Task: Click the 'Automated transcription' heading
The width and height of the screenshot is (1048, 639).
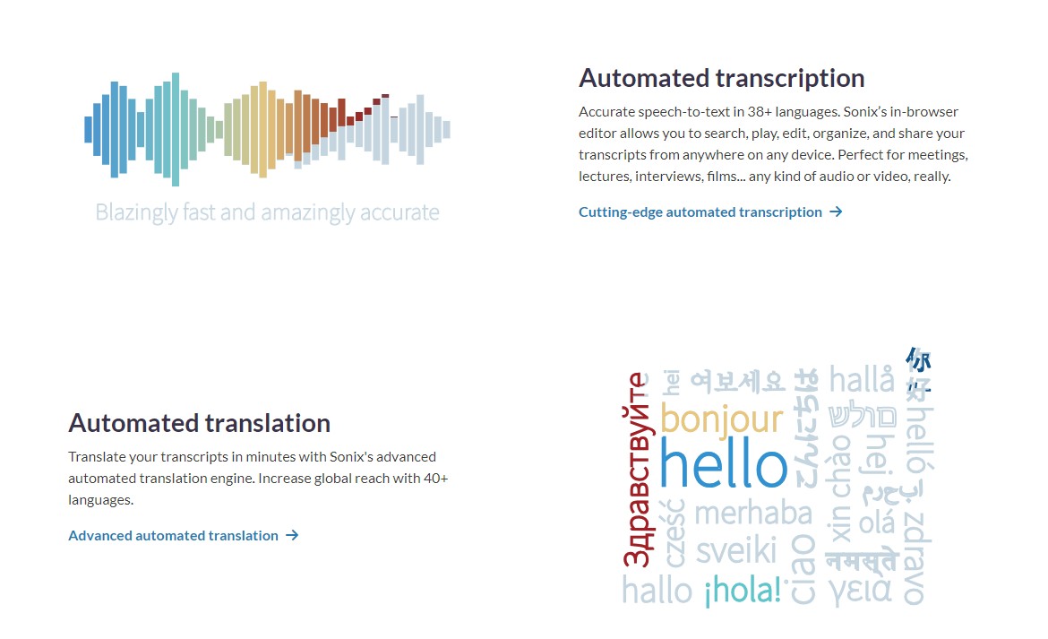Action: click(721, 78)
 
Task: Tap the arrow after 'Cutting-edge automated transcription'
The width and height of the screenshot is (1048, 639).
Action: click(836, 212)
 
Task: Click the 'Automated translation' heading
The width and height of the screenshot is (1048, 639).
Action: click(199, 423)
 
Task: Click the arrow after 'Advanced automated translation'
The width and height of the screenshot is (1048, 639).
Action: click(292, 535)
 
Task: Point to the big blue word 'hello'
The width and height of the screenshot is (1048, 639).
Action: click(723, 462)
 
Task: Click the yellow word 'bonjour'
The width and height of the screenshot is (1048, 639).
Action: click(721, 419)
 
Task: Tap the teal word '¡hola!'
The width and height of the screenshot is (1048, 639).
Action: click(743, 591)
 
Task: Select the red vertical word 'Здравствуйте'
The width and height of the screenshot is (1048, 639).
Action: click(636, 470)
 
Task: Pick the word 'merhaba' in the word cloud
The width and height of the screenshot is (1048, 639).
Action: click(753, 514)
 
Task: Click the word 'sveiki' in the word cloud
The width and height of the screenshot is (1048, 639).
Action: click(736, 551)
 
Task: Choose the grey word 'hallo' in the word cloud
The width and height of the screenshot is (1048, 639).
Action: click(657, 591)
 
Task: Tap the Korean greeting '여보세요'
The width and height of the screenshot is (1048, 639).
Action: click(737, 382)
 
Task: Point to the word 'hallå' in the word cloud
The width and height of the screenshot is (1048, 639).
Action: click(862, 379)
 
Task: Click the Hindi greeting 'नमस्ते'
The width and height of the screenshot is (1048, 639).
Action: click(862, 560)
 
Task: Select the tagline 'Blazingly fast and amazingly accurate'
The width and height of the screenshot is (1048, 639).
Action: click(267, 212)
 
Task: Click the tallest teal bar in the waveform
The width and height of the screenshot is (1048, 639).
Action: click(175, 129)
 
